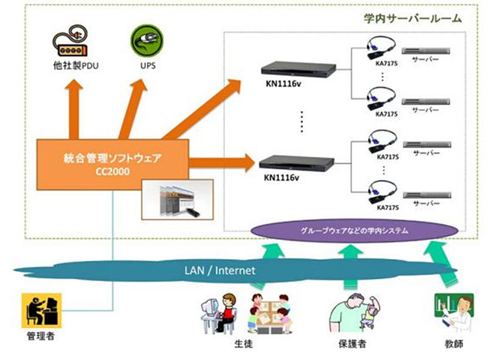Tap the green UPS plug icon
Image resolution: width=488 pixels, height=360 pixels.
(x=143, y=41)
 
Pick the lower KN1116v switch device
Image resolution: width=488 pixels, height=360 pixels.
(x=298, y=164)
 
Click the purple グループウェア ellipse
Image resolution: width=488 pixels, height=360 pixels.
(x=354, y=232)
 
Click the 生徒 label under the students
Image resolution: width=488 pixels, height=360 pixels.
(x=243, y=344)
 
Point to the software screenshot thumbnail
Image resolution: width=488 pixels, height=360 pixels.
(x=176, y=200)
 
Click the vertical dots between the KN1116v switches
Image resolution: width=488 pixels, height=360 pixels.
(x=301, y=122)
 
